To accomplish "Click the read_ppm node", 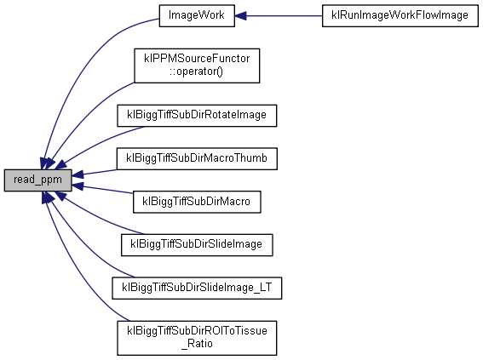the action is pyautogui.click(x=37, y=180).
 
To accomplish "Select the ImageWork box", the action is pyautogui.click(x=197, y=15).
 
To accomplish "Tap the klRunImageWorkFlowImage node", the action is pyautogui.click(x=400, y=15).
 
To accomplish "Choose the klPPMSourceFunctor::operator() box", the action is pyautogui.click(x=197, y=66).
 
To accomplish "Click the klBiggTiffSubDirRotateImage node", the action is pyautogui.click(x=197, y=116).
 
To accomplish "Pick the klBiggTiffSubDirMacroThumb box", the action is pyautogui.click(x=197, y=158).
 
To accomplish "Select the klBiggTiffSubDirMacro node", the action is pyautogui.click(x=197, y=202).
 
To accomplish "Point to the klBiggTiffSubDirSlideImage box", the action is pyautogui.click(x=197, y=245).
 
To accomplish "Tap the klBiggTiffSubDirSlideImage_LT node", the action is pyautogui.click(x=197, y=288).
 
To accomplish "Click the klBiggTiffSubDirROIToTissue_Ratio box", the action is pyautogui.click(x=197, y=338).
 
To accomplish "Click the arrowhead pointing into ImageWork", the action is pyautogui.click(x=240, y=15).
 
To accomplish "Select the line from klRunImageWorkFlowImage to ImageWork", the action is pyautogui.click(x=279, y=15).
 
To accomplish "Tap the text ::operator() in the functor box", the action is pyautogui.click(x=196, y=71).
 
